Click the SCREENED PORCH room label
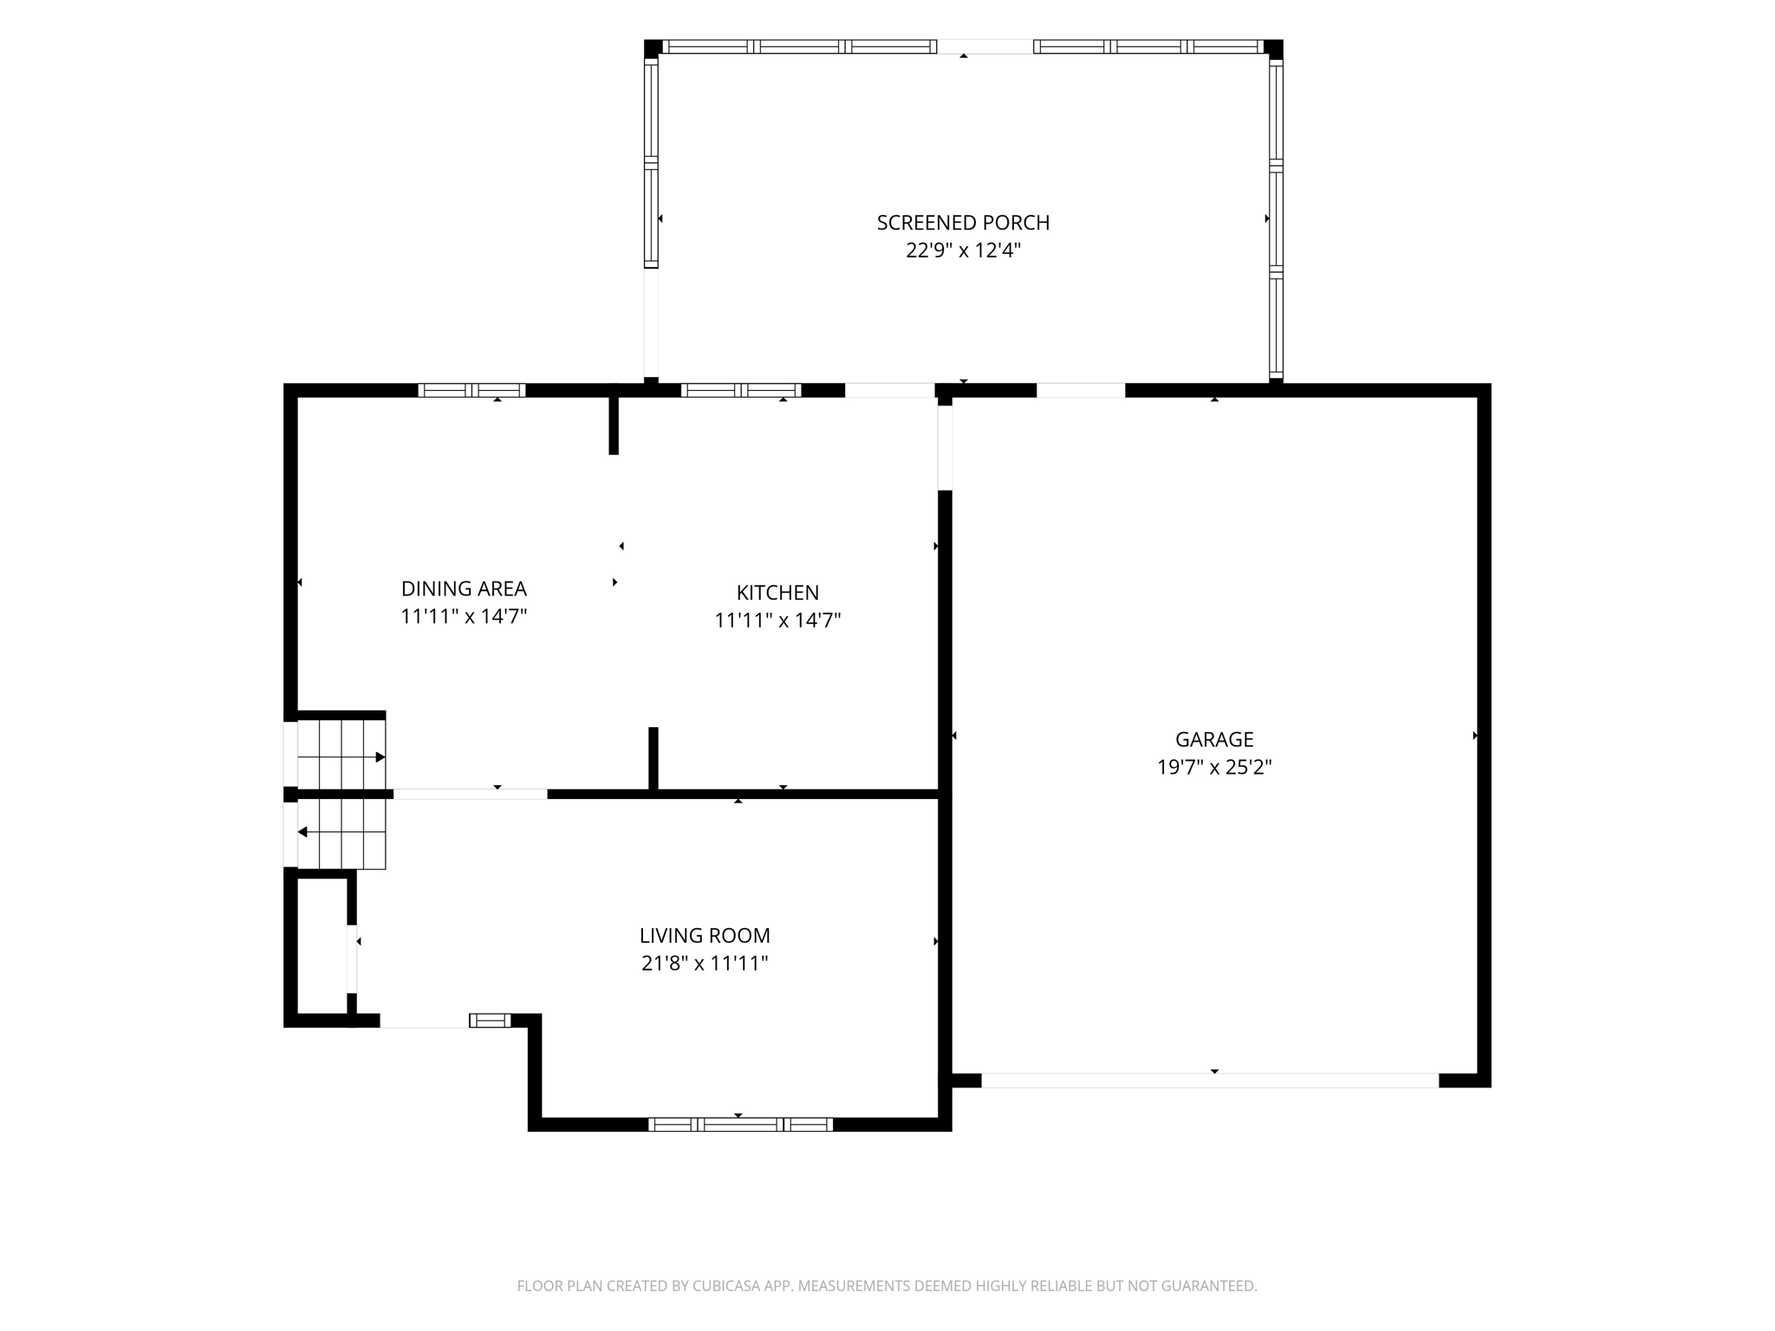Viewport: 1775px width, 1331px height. [963, 223]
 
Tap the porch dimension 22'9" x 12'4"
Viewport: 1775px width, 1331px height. [963, 250]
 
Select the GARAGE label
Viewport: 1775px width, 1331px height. [1214, 739]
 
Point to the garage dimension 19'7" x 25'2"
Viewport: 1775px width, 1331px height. [1214, 767]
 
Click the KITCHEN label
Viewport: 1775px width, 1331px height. [777, 593]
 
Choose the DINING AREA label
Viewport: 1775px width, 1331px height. [464, 588]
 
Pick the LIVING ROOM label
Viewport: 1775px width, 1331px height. [705, 936]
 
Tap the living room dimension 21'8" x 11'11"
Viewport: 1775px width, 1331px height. [705, 964]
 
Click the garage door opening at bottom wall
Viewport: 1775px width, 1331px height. [1210, 1081]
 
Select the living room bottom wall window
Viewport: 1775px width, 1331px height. [740, 1125]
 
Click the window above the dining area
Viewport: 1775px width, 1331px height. [471, 390]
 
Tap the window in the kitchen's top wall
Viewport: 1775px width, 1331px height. [741, 390]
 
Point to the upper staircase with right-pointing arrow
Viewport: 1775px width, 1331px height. [341, 756]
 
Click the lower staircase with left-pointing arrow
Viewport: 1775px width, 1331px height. [341, 834]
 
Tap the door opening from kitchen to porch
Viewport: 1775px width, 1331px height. [890, 390]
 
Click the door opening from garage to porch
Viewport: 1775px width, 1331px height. [1081, 390]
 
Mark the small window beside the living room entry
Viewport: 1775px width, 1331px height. [490, 1021]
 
